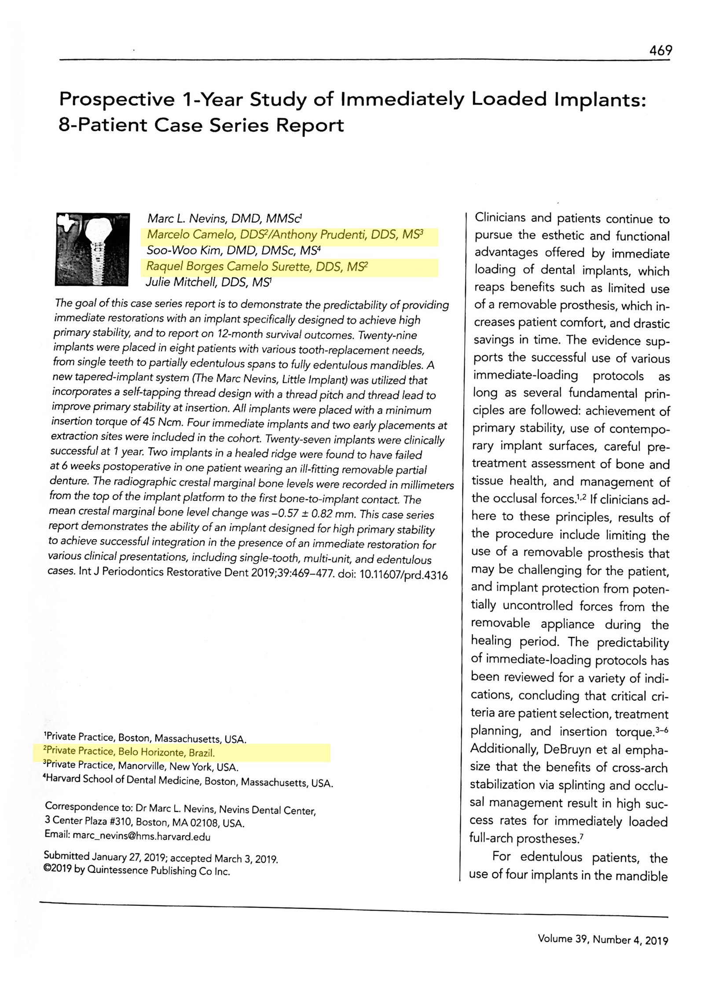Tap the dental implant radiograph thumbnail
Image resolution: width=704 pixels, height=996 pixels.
(93, 249)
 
